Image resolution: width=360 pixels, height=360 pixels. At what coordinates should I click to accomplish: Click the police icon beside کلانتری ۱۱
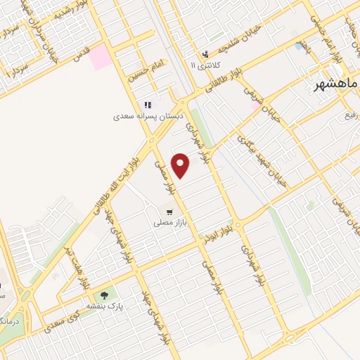click(x=205, y=53)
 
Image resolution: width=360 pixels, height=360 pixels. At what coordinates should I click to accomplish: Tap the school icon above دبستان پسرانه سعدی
click(x=148, y=105)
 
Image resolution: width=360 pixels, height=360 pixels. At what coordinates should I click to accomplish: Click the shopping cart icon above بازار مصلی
click(x=169, y=211)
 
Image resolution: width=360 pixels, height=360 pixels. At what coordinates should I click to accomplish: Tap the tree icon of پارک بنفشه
click(x=105, y=296)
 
